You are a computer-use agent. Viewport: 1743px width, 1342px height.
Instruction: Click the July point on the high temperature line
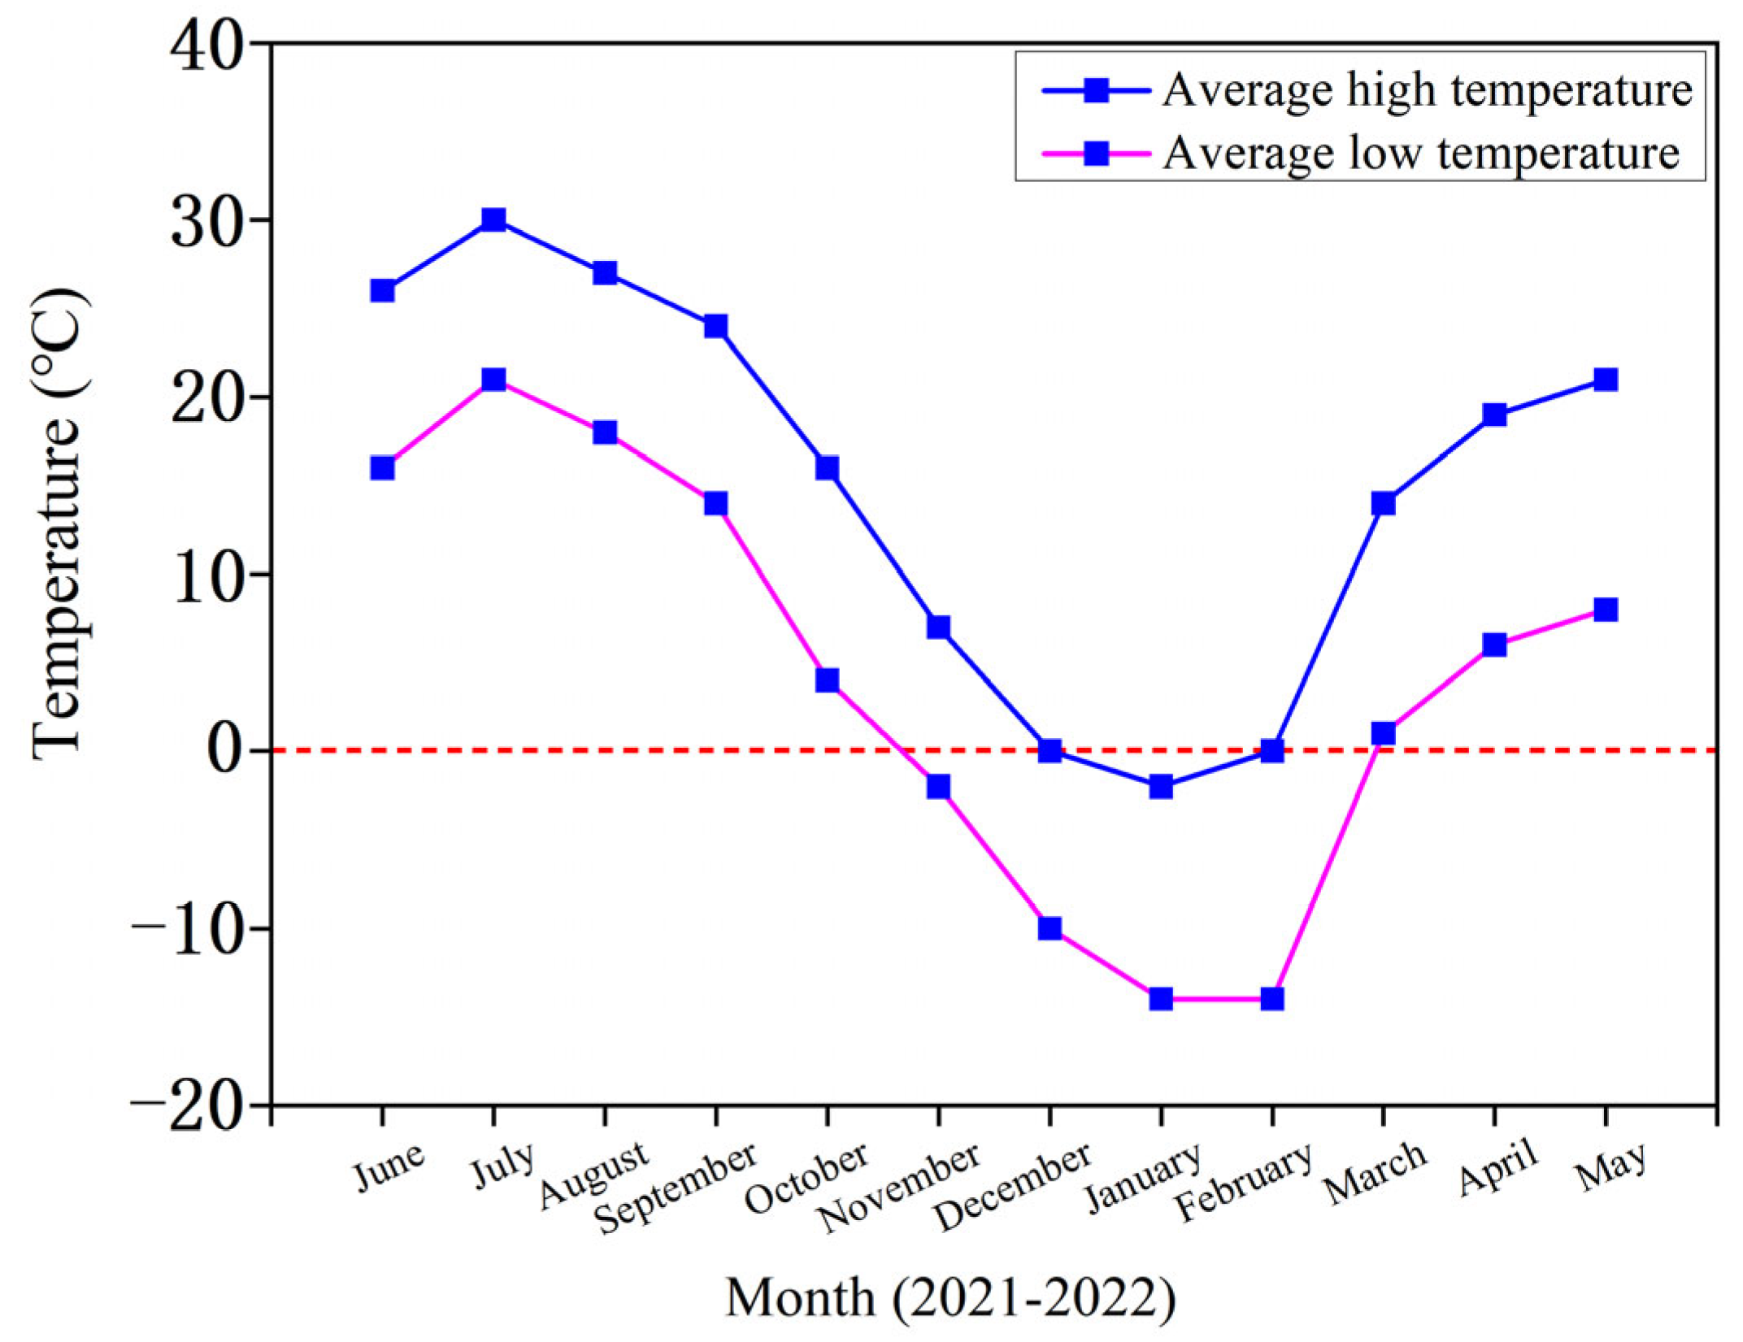[493, 220]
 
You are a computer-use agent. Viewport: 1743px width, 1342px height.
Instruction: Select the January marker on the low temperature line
[1161, 998]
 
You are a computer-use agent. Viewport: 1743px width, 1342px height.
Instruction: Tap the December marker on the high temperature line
[1050, 750]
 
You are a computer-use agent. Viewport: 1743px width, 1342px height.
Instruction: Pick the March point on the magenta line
[1383, 733]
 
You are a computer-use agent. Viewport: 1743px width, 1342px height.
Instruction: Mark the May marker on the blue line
[1605, 380]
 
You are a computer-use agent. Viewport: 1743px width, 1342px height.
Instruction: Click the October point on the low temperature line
[827, 680]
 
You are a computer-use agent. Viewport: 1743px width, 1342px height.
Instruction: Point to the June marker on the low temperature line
[382, 468]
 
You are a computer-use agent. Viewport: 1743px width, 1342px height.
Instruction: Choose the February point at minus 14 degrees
[1272, 998]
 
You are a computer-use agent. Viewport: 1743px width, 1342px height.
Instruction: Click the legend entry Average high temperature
[1426, 89]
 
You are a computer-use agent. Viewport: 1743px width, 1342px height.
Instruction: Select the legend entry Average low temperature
[1419, 152]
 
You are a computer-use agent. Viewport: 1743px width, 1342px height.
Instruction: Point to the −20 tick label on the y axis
[189, 1106]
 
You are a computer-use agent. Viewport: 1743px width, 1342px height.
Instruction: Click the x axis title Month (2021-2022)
[950, 1297]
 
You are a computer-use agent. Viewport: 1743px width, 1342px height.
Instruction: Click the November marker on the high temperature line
[938, 627]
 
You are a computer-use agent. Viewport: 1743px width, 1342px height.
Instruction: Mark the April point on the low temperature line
[1494, 645]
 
